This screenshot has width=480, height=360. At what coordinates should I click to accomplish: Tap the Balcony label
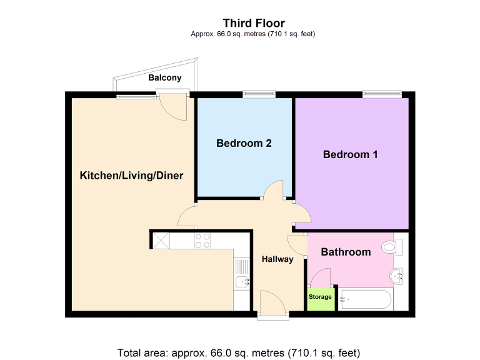click(165, 78)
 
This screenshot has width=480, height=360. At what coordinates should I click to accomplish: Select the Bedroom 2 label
click(244, 143)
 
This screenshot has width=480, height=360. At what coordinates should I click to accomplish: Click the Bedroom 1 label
click(350, 154)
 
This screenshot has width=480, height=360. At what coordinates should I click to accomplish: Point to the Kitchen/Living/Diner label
click(131, 176)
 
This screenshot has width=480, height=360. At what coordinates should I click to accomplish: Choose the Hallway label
click(277, 259)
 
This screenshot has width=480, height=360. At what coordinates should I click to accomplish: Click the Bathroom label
click(346, 252)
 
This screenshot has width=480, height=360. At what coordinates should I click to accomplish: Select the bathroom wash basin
click(397, 276)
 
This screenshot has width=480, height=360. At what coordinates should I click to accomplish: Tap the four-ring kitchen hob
click(202, 241)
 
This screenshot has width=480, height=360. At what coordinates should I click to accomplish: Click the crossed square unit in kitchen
click(160, 240)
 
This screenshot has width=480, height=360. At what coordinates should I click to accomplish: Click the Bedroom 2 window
click(259, 94)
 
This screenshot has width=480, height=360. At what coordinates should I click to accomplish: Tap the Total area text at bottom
click(239, 352)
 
